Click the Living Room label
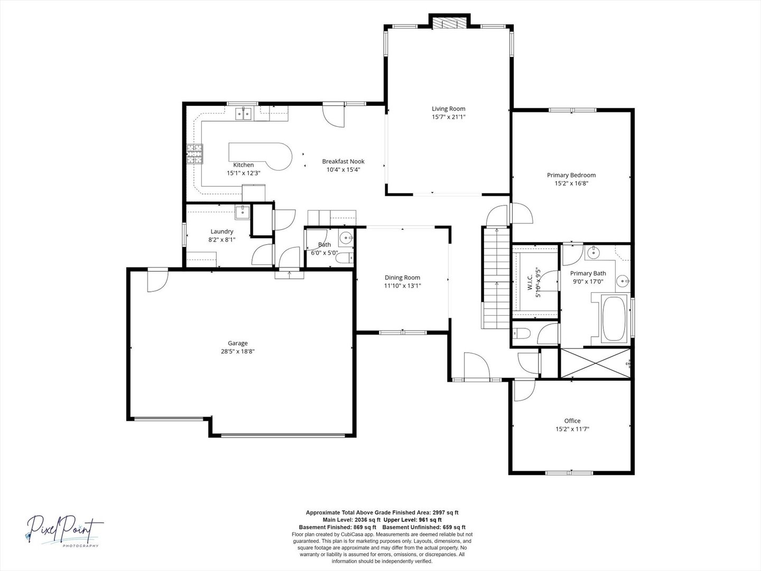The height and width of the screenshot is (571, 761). [448, 109]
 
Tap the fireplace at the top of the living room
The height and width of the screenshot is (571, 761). [450, 23]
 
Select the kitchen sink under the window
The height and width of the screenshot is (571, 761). [244, 114]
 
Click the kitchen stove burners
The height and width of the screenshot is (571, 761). [195, 154]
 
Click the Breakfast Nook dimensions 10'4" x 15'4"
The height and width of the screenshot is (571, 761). [343, 170]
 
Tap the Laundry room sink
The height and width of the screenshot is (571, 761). [243, 212]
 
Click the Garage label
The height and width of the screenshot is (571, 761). [237, 343]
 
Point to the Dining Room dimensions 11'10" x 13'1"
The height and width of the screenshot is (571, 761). [402, 285]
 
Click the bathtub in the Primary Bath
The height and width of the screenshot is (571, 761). [614, 319]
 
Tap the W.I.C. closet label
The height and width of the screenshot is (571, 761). [530, 282]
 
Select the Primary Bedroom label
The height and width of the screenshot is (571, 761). [571, 175]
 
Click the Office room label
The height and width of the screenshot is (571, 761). [572, 420]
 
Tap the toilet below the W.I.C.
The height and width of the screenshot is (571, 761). [522, 334]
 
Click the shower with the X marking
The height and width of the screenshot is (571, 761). [595, 363]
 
